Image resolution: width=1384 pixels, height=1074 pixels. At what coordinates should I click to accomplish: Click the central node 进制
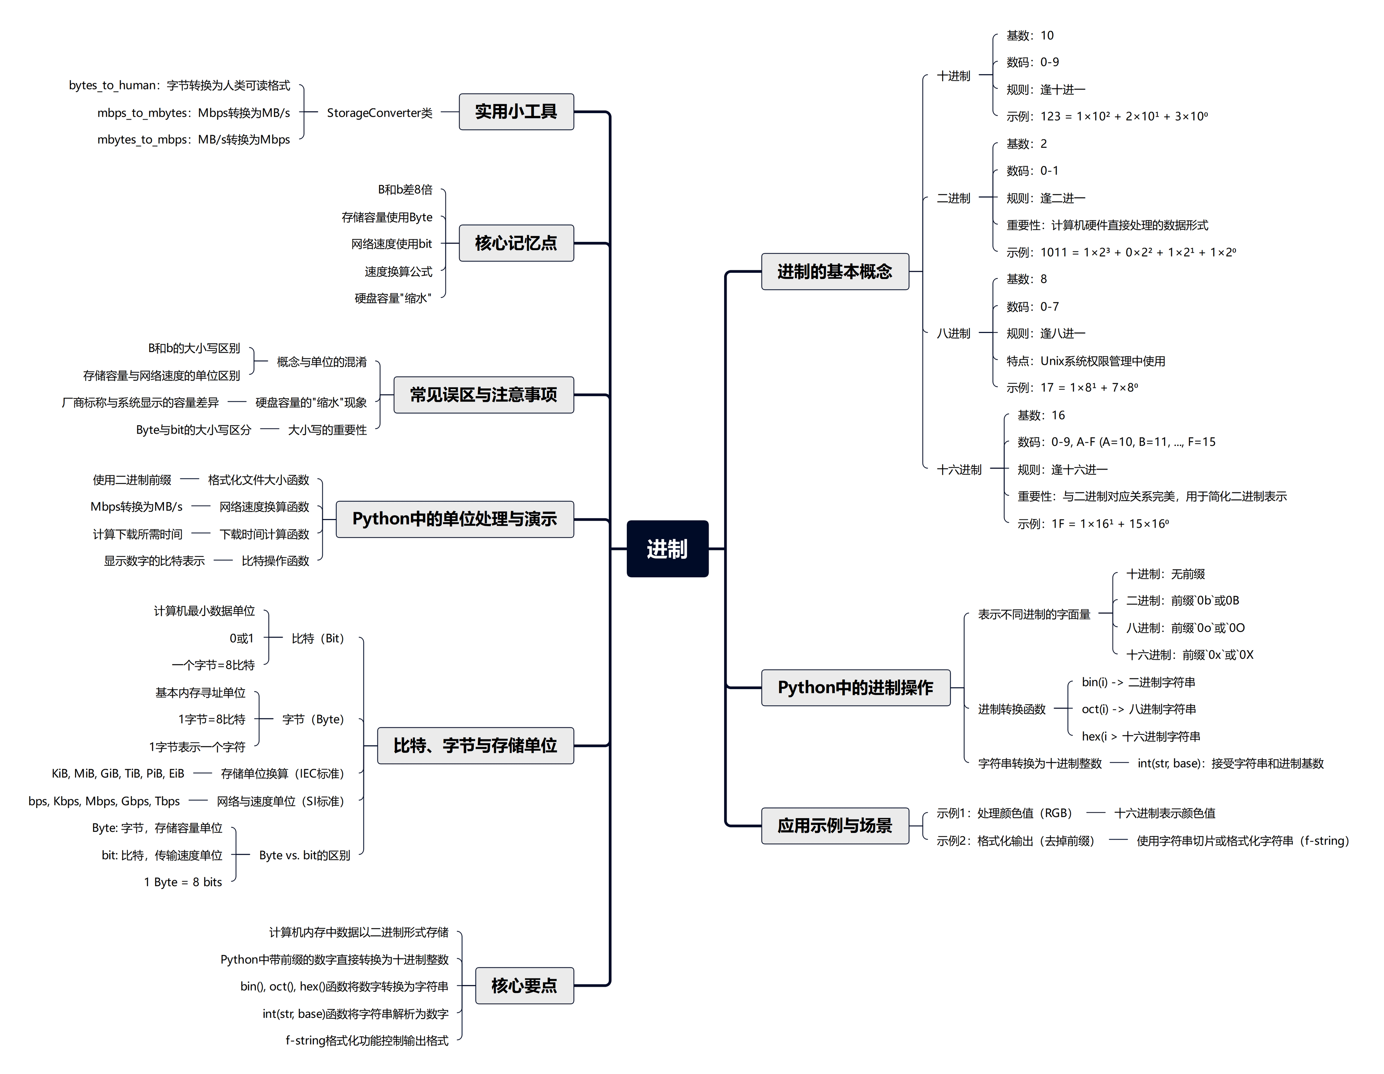(667, 549)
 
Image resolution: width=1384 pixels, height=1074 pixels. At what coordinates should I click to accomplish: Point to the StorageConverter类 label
(380, 113)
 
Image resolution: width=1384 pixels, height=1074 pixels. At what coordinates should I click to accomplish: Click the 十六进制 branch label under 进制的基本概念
(959, 470)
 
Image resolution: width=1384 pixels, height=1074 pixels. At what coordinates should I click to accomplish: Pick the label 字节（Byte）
(313, 719)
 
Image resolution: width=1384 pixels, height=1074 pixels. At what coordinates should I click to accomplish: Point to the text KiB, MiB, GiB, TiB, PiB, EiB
(118, 774)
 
